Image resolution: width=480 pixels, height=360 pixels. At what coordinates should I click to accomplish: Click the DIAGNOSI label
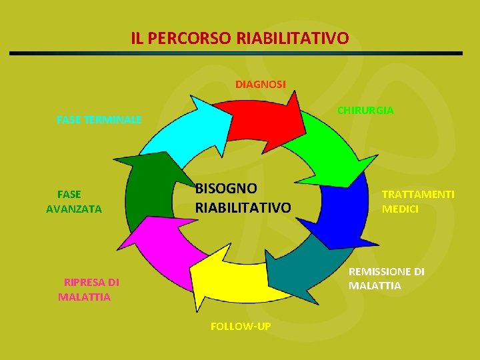[x=261, y=85]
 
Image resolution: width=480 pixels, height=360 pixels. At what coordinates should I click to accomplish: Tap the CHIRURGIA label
[x=365, y=110]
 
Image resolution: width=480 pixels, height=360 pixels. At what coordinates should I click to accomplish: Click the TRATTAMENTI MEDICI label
[x=418, y=201]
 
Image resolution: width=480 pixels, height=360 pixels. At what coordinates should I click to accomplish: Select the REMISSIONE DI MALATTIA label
[x=386, y=279]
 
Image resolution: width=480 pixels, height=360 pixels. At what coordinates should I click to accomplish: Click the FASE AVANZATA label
[x=73, y=201]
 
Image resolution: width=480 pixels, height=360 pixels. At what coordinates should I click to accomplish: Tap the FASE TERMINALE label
[x=99, y=120]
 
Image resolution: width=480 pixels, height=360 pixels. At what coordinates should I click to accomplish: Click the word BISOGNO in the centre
[x=226, y=189]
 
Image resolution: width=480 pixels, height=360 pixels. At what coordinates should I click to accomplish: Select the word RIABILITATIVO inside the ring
[x=243, y=208]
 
